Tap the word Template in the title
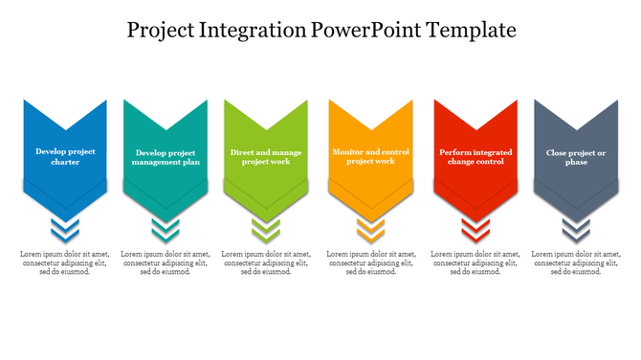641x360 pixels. (471, 31)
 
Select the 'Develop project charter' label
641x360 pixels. (65, 156)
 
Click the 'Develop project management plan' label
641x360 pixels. (166, 157)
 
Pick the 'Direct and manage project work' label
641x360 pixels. (265, 156)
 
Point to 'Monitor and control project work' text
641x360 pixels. (370, 156)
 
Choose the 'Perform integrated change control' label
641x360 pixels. (475, 157)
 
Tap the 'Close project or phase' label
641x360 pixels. (576, 157)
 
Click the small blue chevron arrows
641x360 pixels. (65, 229)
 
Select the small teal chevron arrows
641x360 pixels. (166, 229)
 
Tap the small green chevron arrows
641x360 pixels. (265, 229)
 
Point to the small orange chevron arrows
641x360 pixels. (370, 229)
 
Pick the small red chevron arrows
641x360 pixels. (475, 229)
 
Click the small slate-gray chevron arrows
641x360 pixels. (576, 229)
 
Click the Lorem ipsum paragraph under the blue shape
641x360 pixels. (65, 263)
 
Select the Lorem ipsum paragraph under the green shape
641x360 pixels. (265, 263)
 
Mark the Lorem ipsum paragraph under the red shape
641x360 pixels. (475, 263)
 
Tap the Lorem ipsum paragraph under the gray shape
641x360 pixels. (576, 263)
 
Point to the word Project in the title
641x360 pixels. (162, 31)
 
